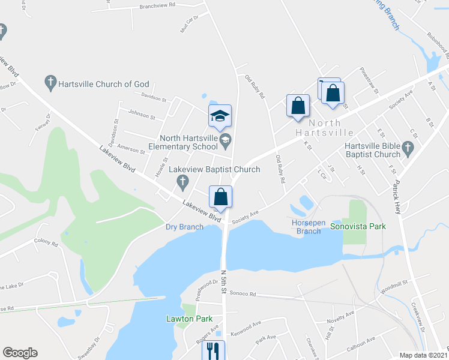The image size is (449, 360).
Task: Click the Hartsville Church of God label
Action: point(103,84)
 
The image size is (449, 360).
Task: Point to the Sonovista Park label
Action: point(358,226)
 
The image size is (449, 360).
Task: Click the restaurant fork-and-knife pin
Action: point(213,350)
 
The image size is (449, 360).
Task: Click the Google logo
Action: point(20,353)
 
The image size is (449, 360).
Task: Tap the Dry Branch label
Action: point(185,227)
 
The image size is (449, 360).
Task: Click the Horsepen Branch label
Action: point(308,227)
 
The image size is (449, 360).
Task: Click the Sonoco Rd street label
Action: point(244,294)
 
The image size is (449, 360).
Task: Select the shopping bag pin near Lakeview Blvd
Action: point(221,197)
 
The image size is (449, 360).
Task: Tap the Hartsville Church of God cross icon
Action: point(51,81)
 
